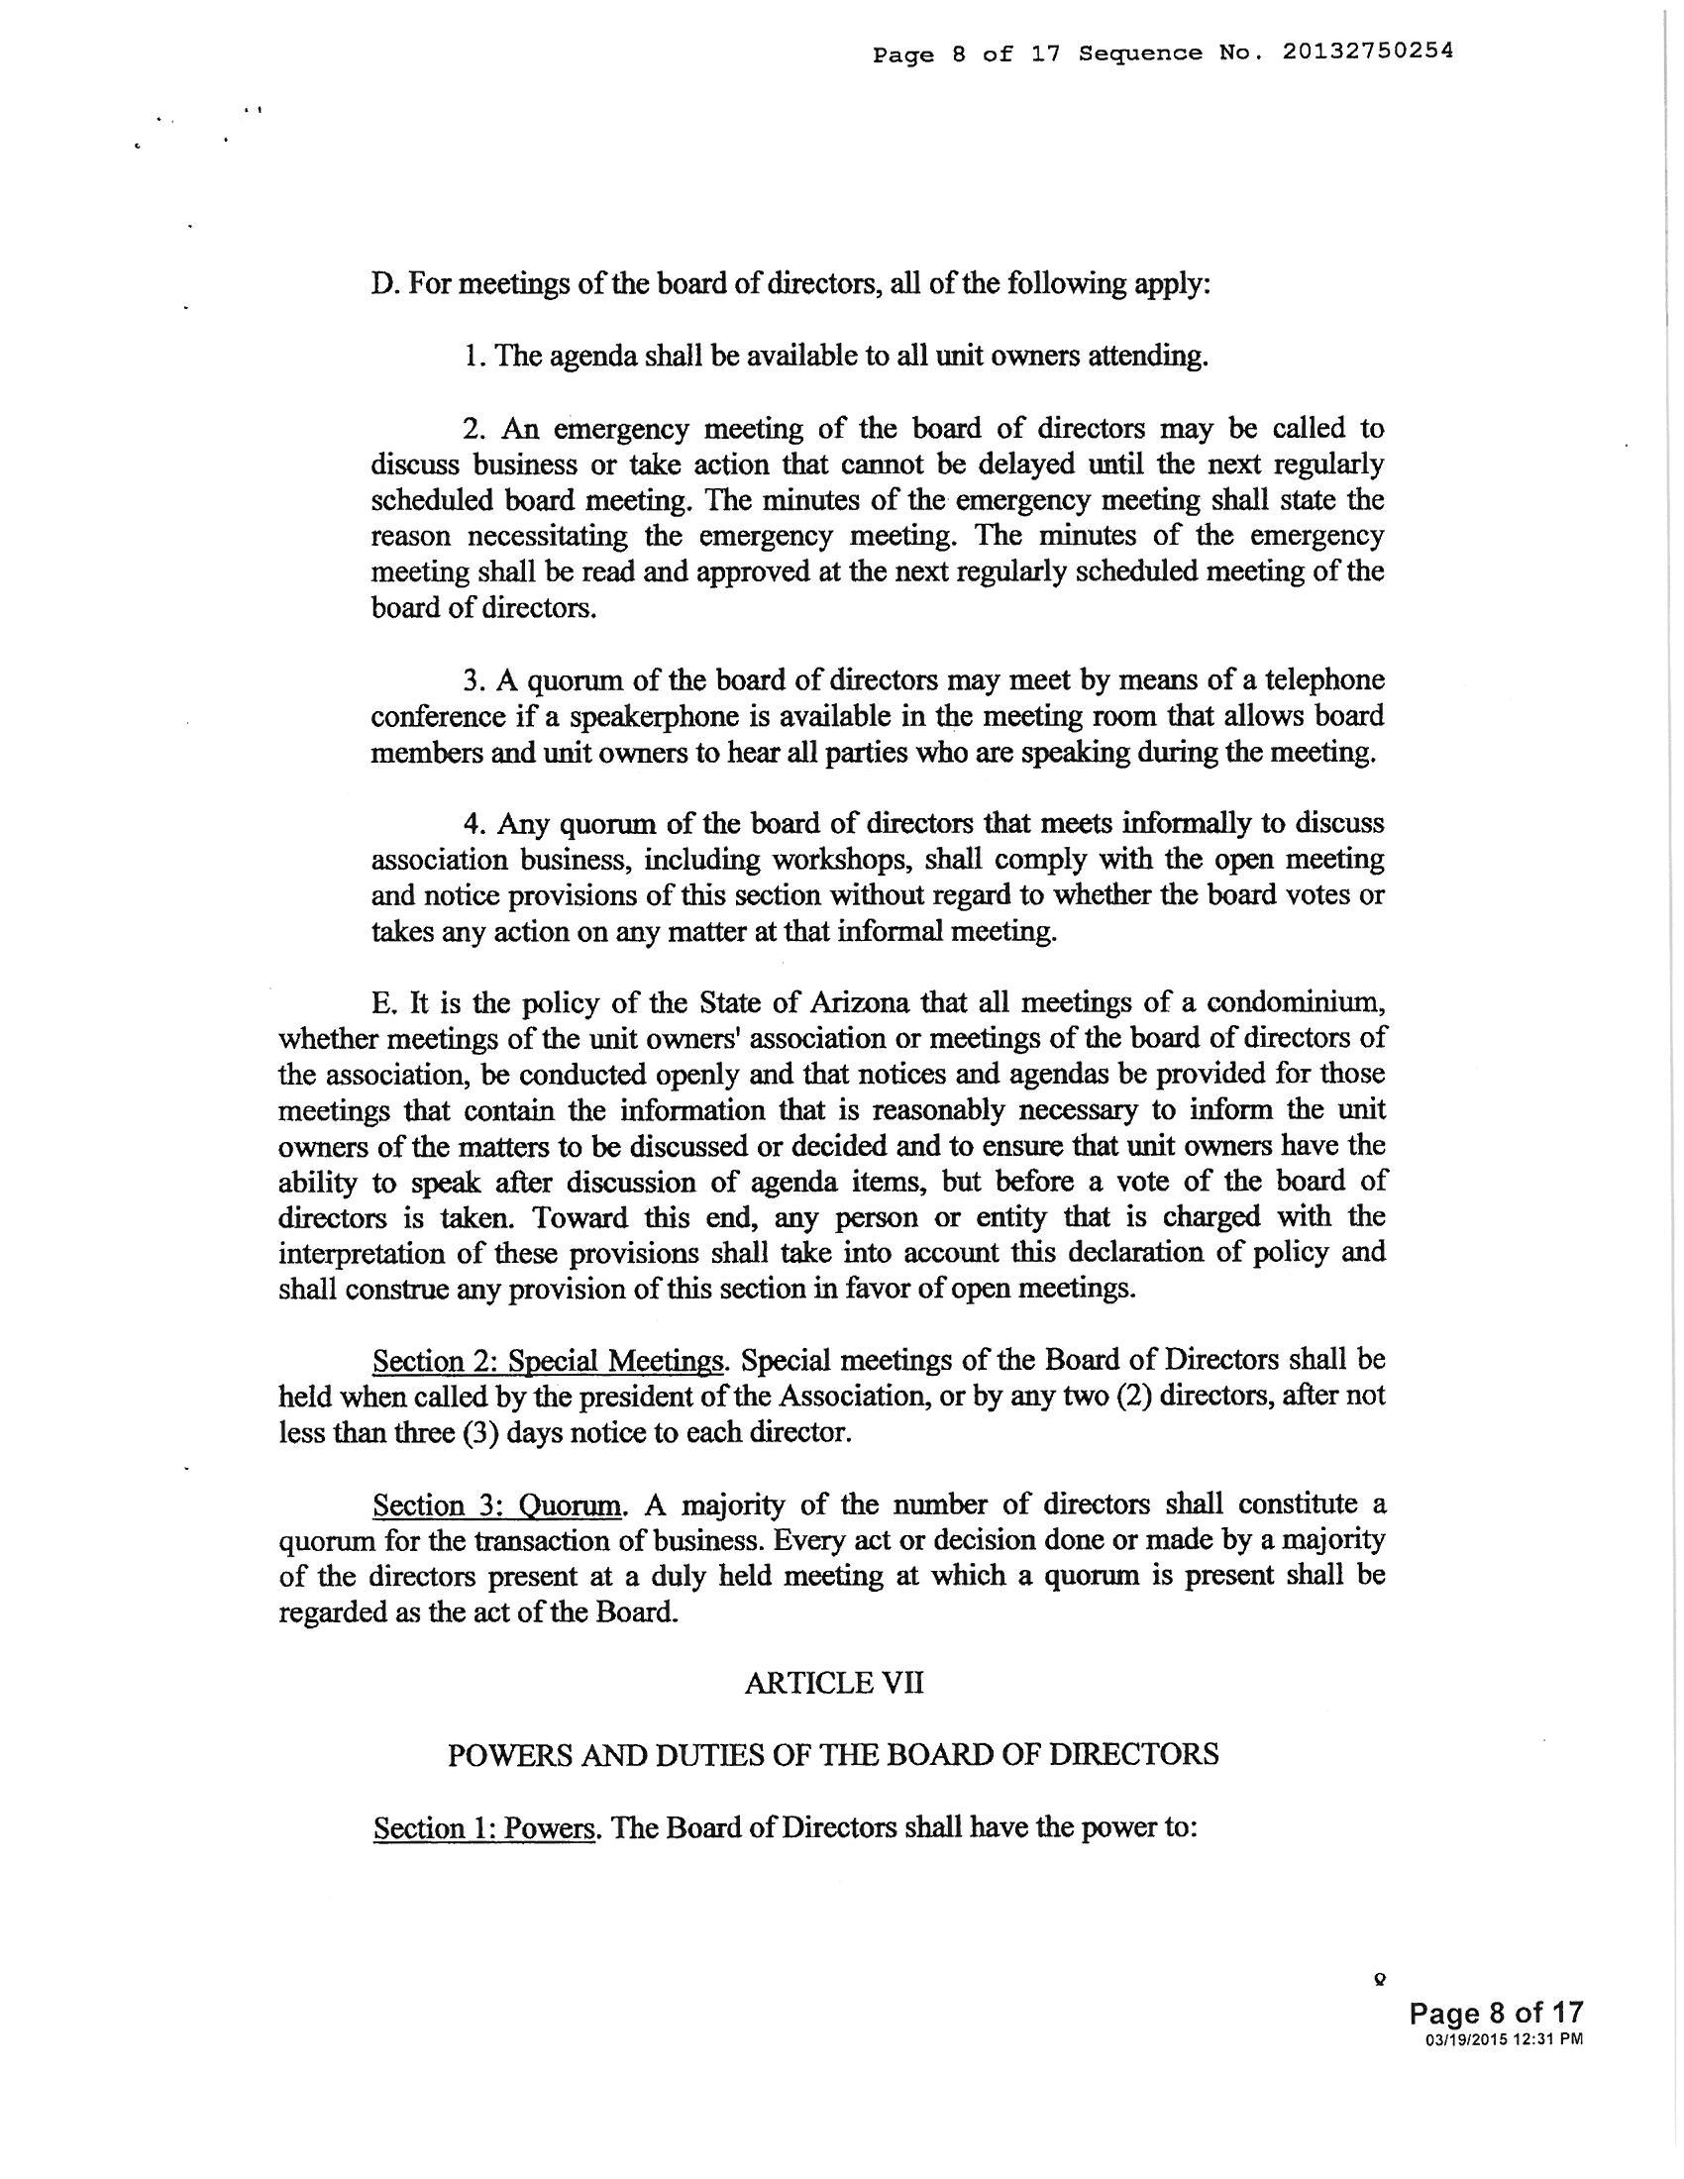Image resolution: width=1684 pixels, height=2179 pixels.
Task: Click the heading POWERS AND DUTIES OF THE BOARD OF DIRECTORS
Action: pos(833,1755)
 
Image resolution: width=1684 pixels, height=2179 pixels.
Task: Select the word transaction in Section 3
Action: pos(541,1540)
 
